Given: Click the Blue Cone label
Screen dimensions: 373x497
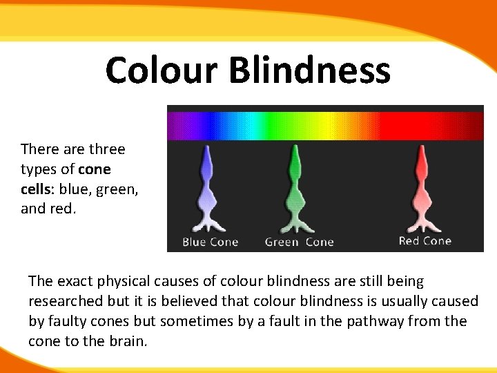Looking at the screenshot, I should [x=210, y=242].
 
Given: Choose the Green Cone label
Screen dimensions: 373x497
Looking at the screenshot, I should [x=299, y=242].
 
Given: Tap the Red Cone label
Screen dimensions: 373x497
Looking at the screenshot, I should [x=425, y=240].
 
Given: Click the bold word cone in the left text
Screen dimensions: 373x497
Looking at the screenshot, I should [x=95, y=169].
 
